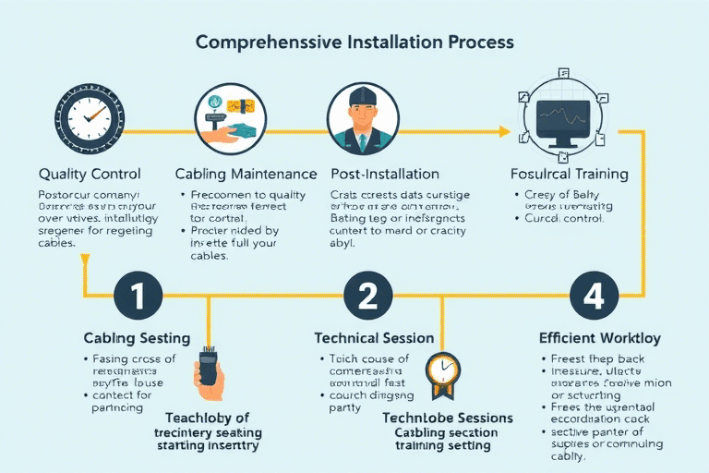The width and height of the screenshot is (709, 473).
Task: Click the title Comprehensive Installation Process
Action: click(x=354, y=42)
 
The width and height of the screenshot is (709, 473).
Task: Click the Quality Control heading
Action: click(x=90, y=174)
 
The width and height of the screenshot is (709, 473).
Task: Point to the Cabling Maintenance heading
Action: click(x=246, y=174)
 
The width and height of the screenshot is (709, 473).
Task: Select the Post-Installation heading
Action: click(x=384, y=174)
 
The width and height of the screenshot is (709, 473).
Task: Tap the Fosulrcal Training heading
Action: click(x=569, y=174)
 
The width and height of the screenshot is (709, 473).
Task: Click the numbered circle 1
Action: click(x=138, y=297)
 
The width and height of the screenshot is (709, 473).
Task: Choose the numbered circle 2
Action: click(x=367, y=297)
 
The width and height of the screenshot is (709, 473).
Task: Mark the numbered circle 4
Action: click(x=587, y=297)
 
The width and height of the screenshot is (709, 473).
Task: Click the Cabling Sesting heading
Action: click(x=137, y=338)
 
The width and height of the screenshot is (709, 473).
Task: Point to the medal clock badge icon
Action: click(x=442, y=372)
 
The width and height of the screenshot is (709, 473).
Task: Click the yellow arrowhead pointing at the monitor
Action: click(x=504, y=131)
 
